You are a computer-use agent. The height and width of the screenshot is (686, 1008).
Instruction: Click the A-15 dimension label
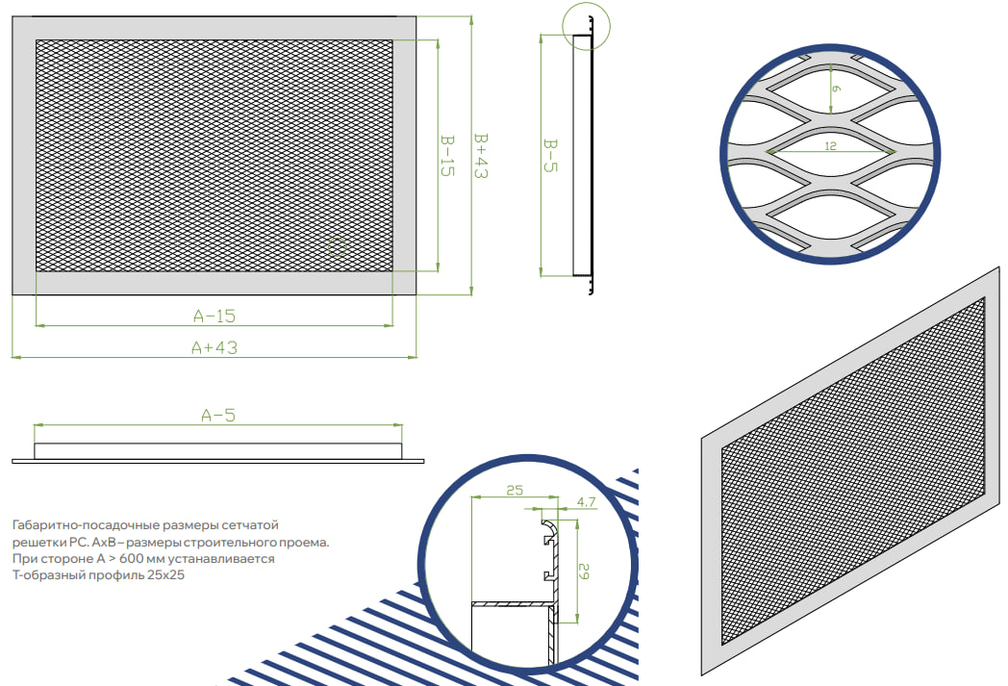pyautogui.click(x=214, y=316)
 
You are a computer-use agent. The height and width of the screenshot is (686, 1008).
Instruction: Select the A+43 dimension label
pyautogui.click(x=214, y=348)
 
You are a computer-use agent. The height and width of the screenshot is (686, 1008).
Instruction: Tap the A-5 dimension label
pyautogui.click(x=218, y=416)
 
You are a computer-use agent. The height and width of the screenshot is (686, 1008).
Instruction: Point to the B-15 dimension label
pyautogui.click(x=447, y=156)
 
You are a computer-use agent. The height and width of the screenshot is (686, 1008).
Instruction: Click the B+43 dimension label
pyautogui.click(x=481, y=156)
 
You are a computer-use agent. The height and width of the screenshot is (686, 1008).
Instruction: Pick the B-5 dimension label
pyautogui.click(x=550, y=156)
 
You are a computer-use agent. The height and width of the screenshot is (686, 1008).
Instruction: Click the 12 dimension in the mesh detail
pyautogui.click(x=831, y=146)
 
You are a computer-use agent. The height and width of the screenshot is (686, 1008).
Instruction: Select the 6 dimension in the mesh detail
pyautogui.click(x=836, y=89)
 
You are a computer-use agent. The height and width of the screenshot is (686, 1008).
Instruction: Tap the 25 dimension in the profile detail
pyautogui.click(x=515, y=491)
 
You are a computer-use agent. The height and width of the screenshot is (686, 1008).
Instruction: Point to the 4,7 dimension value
pyautogui.click(x=587, y=502)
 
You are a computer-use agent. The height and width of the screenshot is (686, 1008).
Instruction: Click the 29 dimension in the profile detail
pyautogui.click(x=584, y=571)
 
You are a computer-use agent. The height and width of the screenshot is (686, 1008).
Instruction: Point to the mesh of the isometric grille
pyautogui.click(x=854, y=470)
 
